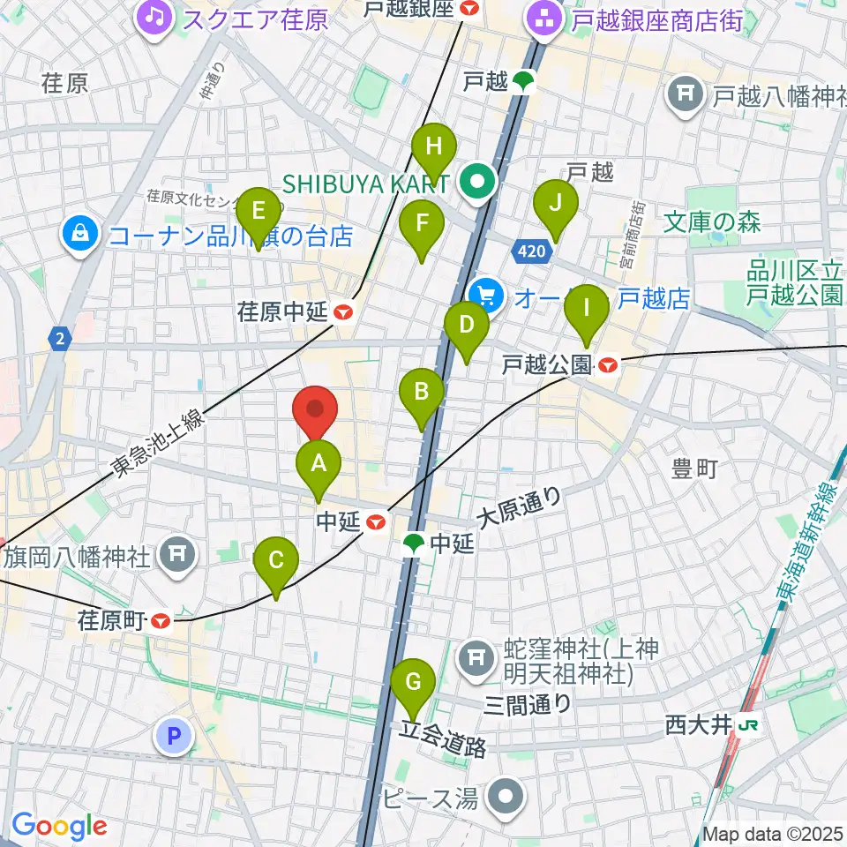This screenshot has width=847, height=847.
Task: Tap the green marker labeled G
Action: point(412,682)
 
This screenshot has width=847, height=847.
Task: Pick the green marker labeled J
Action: point(556,203)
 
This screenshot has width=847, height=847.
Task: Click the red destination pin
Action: point(315,410)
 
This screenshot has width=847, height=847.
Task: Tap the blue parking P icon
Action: point(174,735)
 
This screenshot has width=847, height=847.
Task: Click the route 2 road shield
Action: point(60,338)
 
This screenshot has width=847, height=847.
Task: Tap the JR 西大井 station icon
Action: point(750,725)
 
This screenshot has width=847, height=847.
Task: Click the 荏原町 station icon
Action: point(161,621)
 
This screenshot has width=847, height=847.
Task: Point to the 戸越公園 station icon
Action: point(607,363)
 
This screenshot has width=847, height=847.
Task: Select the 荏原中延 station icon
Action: point(344,311)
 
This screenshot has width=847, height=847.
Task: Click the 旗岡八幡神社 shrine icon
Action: point(177,554)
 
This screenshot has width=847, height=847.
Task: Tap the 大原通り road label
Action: point(519,507)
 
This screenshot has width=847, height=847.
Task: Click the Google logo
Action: point(59,826)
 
